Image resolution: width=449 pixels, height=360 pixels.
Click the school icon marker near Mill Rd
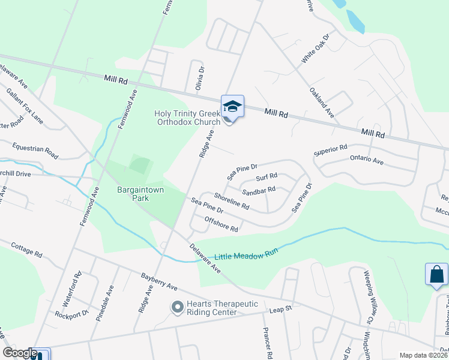click(x=232, y=107)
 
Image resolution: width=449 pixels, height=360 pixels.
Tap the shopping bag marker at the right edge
click(x=436, y=274)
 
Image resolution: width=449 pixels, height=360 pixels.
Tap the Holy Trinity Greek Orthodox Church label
click(x=188, y=117)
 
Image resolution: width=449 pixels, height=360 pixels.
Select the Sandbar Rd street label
click(x=258, y=191)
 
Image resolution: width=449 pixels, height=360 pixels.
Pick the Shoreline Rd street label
click(x=232, y=201)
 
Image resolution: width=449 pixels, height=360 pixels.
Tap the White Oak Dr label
click(x=316, y=49)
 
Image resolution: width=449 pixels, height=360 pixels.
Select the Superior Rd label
click(x=331, y=150)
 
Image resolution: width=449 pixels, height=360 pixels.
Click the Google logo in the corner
click(x=20, y=353)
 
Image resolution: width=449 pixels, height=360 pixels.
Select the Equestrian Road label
click(x=35, y=150)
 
